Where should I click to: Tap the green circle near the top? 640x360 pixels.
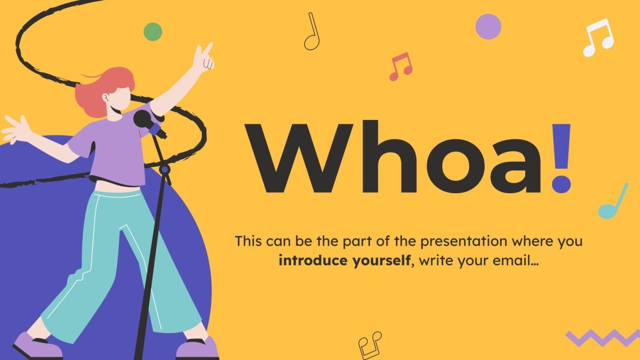tap(153, 32)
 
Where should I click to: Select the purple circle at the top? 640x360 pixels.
tap(488, 26)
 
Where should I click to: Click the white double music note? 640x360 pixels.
tap(597, 38)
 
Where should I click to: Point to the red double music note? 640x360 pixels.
tap(401, 66)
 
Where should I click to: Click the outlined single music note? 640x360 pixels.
tap(312, 33)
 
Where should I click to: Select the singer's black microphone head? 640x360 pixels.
tap(142, 119)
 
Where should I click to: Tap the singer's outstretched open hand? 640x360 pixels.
tap(17, 129)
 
